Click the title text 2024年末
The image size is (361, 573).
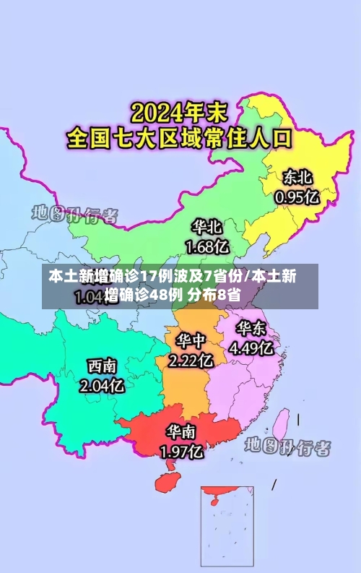tap(178, 113)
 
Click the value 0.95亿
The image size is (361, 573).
tap(297, 196)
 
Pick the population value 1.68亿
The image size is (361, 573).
tap(208, 246)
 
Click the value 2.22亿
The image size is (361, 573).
tap(191, 358)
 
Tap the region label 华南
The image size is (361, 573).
tap(181, 433)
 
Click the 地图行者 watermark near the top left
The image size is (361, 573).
tap(74, 215)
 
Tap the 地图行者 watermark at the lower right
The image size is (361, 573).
tap(287, 446)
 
